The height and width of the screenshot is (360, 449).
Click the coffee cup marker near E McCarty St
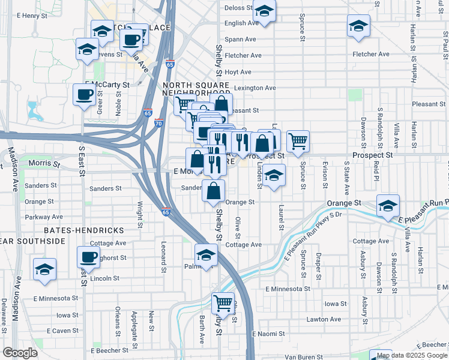[84, 94]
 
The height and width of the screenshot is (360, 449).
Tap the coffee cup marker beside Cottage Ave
[88, 257]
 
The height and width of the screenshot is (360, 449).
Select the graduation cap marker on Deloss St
[264, 11]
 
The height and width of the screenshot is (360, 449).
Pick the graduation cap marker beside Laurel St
[274, 175]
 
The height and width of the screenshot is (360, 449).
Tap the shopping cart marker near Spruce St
[298, 142]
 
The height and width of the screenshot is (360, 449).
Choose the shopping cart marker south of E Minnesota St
[223, 303]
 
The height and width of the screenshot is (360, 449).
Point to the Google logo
[20, 353]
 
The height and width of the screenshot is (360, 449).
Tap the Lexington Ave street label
[255, 88]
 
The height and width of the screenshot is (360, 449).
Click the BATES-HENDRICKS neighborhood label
[83, 230]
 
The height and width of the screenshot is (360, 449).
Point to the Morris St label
[44, 163]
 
